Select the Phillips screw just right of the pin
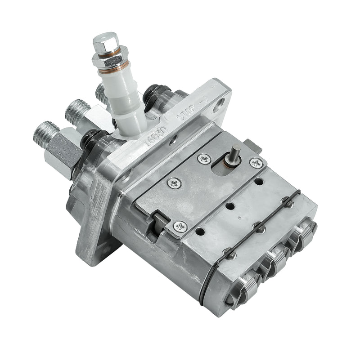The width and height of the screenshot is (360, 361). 256,163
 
